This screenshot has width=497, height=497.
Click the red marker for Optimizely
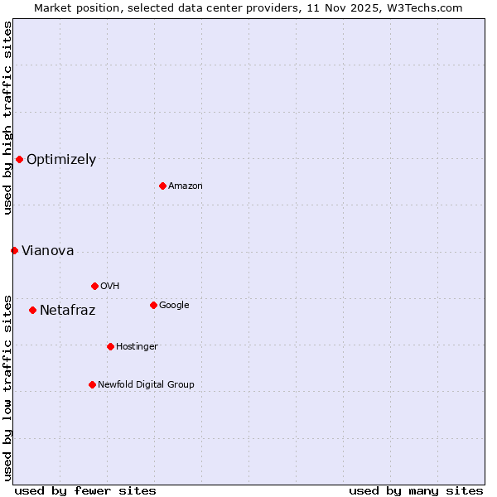tap(19, 159)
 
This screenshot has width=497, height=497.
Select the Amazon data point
tap(162, 186)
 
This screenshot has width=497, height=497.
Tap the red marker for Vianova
tap(14, 250)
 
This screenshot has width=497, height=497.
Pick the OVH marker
tap(94, 286)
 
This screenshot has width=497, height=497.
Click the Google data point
tap(153, 305)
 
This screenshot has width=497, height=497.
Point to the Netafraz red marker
tap(32, 310)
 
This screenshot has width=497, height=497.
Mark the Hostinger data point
tap(110, 346)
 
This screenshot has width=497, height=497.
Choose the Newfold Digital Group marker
tap(92, 384)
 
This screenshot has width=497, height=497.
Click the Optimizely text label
tap(61, 160)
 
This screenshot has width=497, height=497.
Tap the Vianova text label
tap(47, 251)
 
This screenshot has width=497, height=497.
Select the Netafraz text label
tap(67, 311)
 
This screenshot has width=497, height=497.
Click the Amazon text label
tap(186, 186)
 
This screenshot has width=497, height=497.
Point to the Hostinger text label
tap(137, 346)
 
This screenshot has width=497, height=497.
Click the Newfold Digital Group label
tap(146, 384)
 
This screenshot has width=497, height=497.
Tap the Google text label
tap(174, 305)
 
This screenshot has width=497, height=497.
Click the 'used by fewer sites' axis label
tap(85, 490)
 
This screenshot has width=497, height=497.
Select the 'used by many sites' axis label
tap(416, 490)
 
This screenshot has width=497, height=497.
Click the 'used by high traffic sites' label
tap(7, 118)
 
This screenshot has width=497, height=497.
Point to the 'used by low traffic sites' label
tap(7, 387)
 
